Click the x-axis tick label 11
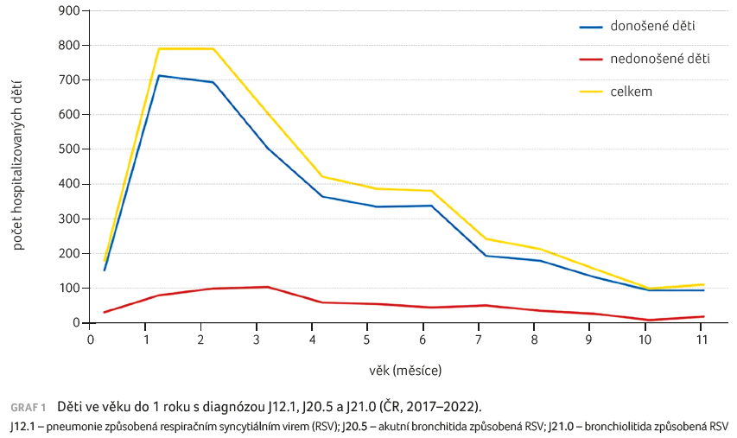click(x=702, y=340)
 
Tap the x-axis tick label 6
click(x=423, y=340)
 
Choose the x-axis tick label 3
click(x=257, y=340)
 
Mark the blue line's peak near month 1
click(x=159, y=75)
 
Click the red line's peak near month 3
click(x=268, y=287)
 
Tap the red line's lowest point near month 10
click(x=648, y=321)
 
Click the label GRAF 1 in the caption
click(x=28, y=407)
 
